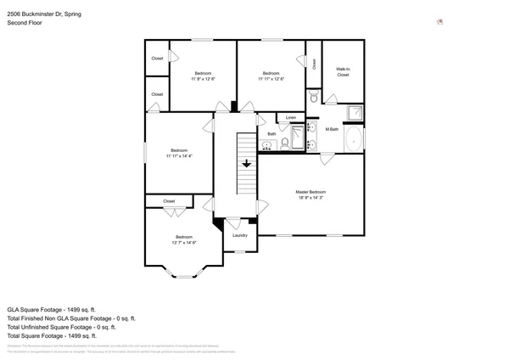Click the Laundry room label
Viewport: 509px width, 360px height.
pos(239,235)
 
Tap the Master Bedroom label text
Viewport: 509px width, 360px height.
pos(310,192)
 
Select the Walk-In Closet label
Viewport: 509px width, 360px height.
pos(343,72)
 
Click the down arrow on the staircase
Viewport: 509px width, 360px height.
pos(247,164)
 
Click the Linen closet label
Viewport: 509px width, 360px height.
pos(291,117)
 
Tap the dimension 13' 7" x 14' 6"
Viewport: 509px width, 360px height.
pos(184,242)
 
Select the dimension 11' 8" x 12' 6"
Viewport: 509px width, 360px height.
pos(204,78)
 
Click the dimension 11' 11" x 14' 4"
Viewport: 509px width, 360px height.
pos(179,156)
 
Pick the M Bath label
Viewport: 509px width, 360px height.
pos(333,129)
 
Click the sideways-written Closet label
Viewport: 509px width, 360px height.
pos(314,64)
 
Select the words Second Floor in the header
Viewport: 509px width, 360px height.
pos(25,23)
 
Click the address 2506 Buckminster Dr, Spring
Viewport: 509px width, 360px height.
pos(44,13)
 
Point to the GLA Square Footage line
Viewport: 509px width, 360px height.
pos(52,309)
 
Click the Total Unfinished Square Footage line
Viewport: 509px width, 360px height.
pos(61,327)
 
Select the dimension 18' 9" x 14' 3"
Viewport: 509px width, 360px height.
pos(310,198)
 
